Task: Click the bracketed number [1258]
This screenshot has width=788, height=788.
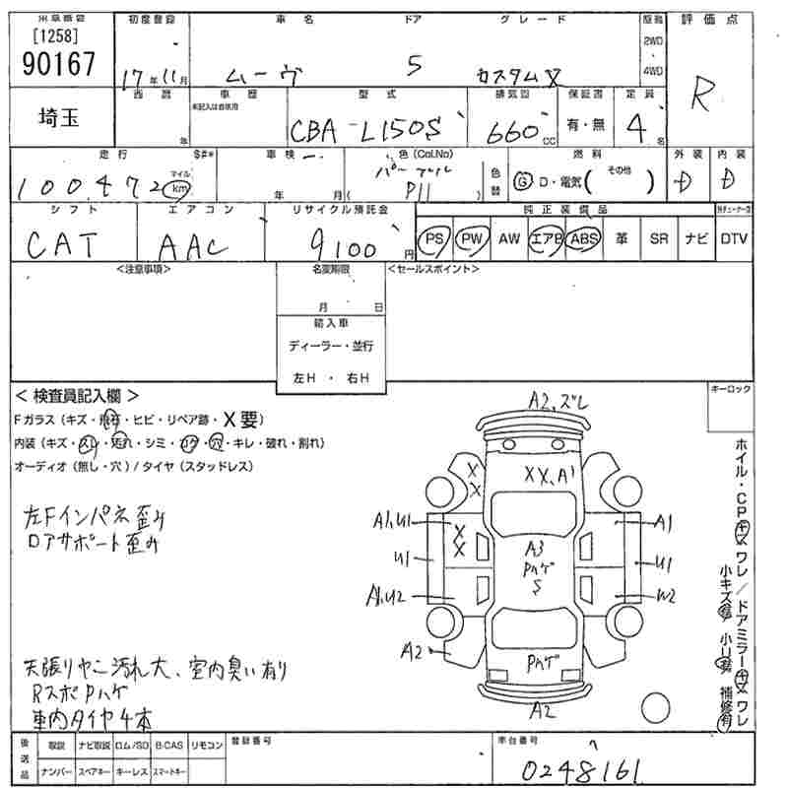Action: coord(56,37)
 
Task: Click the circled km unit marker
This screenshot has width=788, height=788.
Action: coord(178,187)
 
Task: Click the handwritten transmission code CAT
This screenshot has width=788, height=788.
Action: coord(65,242)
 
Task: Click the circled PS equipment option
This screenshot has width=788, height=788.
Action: coord(433,238)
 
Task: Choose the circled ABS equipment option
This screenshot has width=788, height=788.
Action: coord(584,238)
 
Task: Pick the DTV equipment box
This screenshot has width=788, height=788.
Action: coord(733,238)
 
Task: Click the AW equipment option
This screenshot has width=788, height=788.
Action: coord(509,238)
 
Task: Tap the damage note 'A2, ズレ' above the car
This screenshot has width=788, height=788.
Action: coord(558,401)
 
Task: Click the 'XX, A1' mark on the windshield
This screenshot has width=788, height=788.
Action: coord(549,475)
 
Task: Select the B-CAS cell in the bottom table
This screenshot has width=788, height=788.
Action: coord(168,746)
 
